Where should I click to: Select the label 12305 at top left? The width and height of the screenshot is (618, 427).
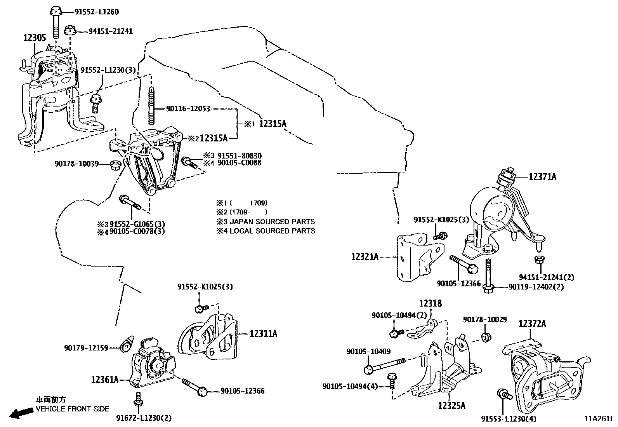pos(35,38)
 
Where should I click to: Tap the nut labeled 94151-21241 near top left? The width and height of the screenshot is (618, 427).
pos(70,30)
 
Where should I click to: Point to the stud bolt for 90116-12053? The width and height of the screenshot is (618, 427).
pos(152,105)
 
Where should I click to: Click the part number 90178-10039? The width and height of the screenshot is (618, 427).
pos(76,164)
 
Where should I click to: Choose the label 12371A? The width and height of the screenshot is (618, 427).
pos(542,177)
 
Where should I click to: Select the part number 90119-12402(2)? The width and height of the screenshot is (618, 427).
pos(536,287)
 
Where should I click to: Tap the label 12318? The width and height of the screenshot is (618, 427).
pos(430,303)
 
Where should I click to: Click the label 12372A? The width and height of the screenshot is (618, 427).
pos(532,323)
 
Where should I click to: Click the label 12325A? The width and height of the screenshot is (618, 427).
pos(451,406)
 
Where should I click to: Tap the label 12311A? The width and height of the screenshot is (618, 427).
pos(263,334)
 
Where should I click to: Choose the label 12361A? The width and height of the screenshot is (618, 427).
pos(105,379)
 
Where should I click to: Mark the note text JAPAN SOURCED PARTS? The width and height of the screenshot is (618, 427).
pos(273,222)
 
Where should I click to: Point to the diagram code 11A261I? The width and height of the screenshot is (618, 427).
pos(598,419)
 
